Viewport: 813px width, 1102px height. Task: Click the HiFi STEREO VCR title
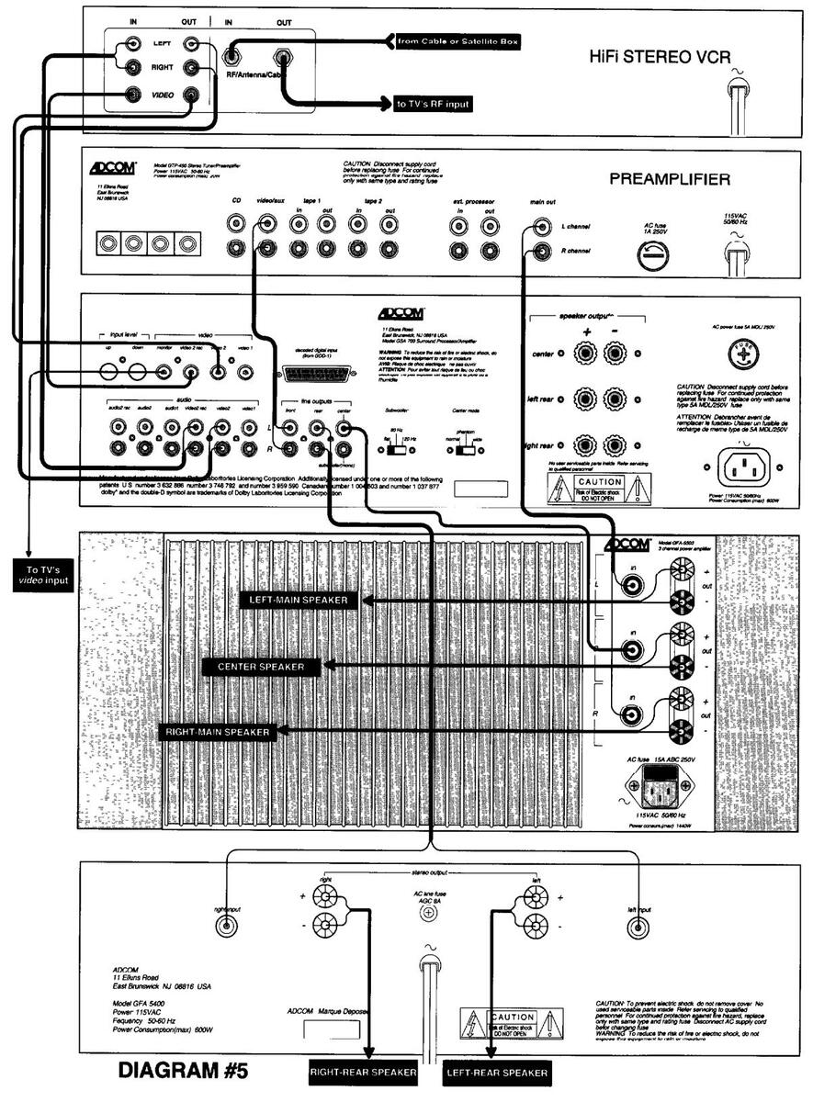coord(660,58)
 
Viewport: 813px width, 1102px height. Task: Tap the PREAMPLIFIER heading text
coord(670,179)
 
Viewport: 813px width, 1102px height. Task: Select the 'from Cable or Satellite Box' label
coord(445,40)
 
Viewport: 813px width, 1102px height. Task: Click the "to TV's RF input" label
coord(433,105)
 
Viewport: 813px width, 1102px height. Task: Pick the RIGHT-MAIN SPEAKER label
coord(218,732)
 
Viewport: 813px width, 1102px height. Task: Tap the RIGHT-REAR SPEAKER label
coord(363,1072)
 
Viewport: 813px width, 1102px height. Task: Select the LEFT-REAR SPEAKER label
coord(496,1072)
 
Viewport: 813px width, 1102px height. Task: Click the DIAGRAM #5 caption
coord(183,1071)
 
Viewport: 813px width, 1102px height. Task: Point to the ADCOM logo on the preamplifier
coord(113,169)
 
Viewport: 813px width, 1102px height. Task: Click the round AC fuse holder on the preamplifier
coord(653,258)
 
